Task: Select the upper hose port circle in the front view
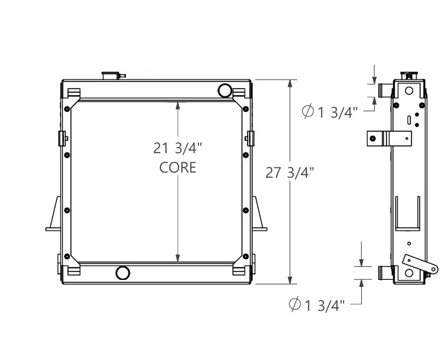pyautogui.click(x=225, y=89)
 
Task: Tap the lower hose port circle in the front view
pyautogui.click(x=122, y=273)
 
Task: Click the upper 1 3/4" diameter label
pyautogui.click(x=330, y=112)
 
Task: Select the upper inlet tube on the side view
pyautogui.click(x=384, y=89)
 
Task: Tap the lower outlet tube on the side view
pyautogui.click(x=384, y=273)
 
